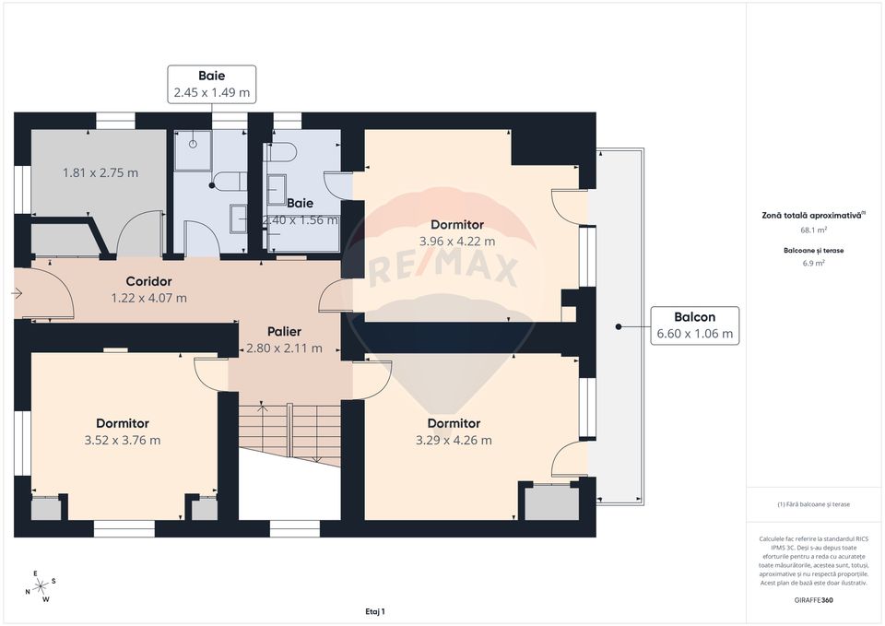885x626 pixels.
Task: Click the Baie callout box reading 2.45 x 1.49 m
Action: pyautogui.click(x=211, y=84)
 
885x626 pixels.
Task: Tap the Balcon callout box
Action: pyautogui.click(x=695, y=325)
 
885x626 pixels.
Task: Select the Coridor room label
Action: pyautogui.click(x=148, y=281)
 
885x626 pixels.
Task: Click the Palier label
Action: pyautogui.click(x=284, y=331)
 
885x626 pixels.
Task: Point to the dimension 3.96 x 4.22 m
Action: pyautogui.click(x=457, y=242)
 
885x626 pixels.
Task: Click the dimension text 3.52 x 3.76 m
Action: pyautogui.click(x=122, y=440)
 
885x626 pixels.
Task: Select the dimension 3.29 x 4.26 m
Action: pyautogui.click(x=453, y=440)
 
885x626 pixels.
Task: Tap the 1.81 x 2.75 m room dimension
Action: pyautogui.click(x=100, y=172)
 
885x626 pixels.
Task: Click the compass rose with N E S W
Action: pyautogui.click(x=41, y=586)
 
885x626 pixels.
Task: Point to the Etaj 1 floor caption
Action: pyautogui.click(x=374, y=610)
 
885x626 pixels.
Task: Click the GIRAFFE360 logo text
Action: pyautogui.click(x=814, y=599)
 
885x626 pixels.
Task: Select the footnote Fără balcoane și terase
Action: pyautogui.click(x=814, y=504)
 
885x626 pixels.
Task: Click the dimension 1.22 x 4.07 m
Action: pyautogui.click(x=148, y=298)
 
